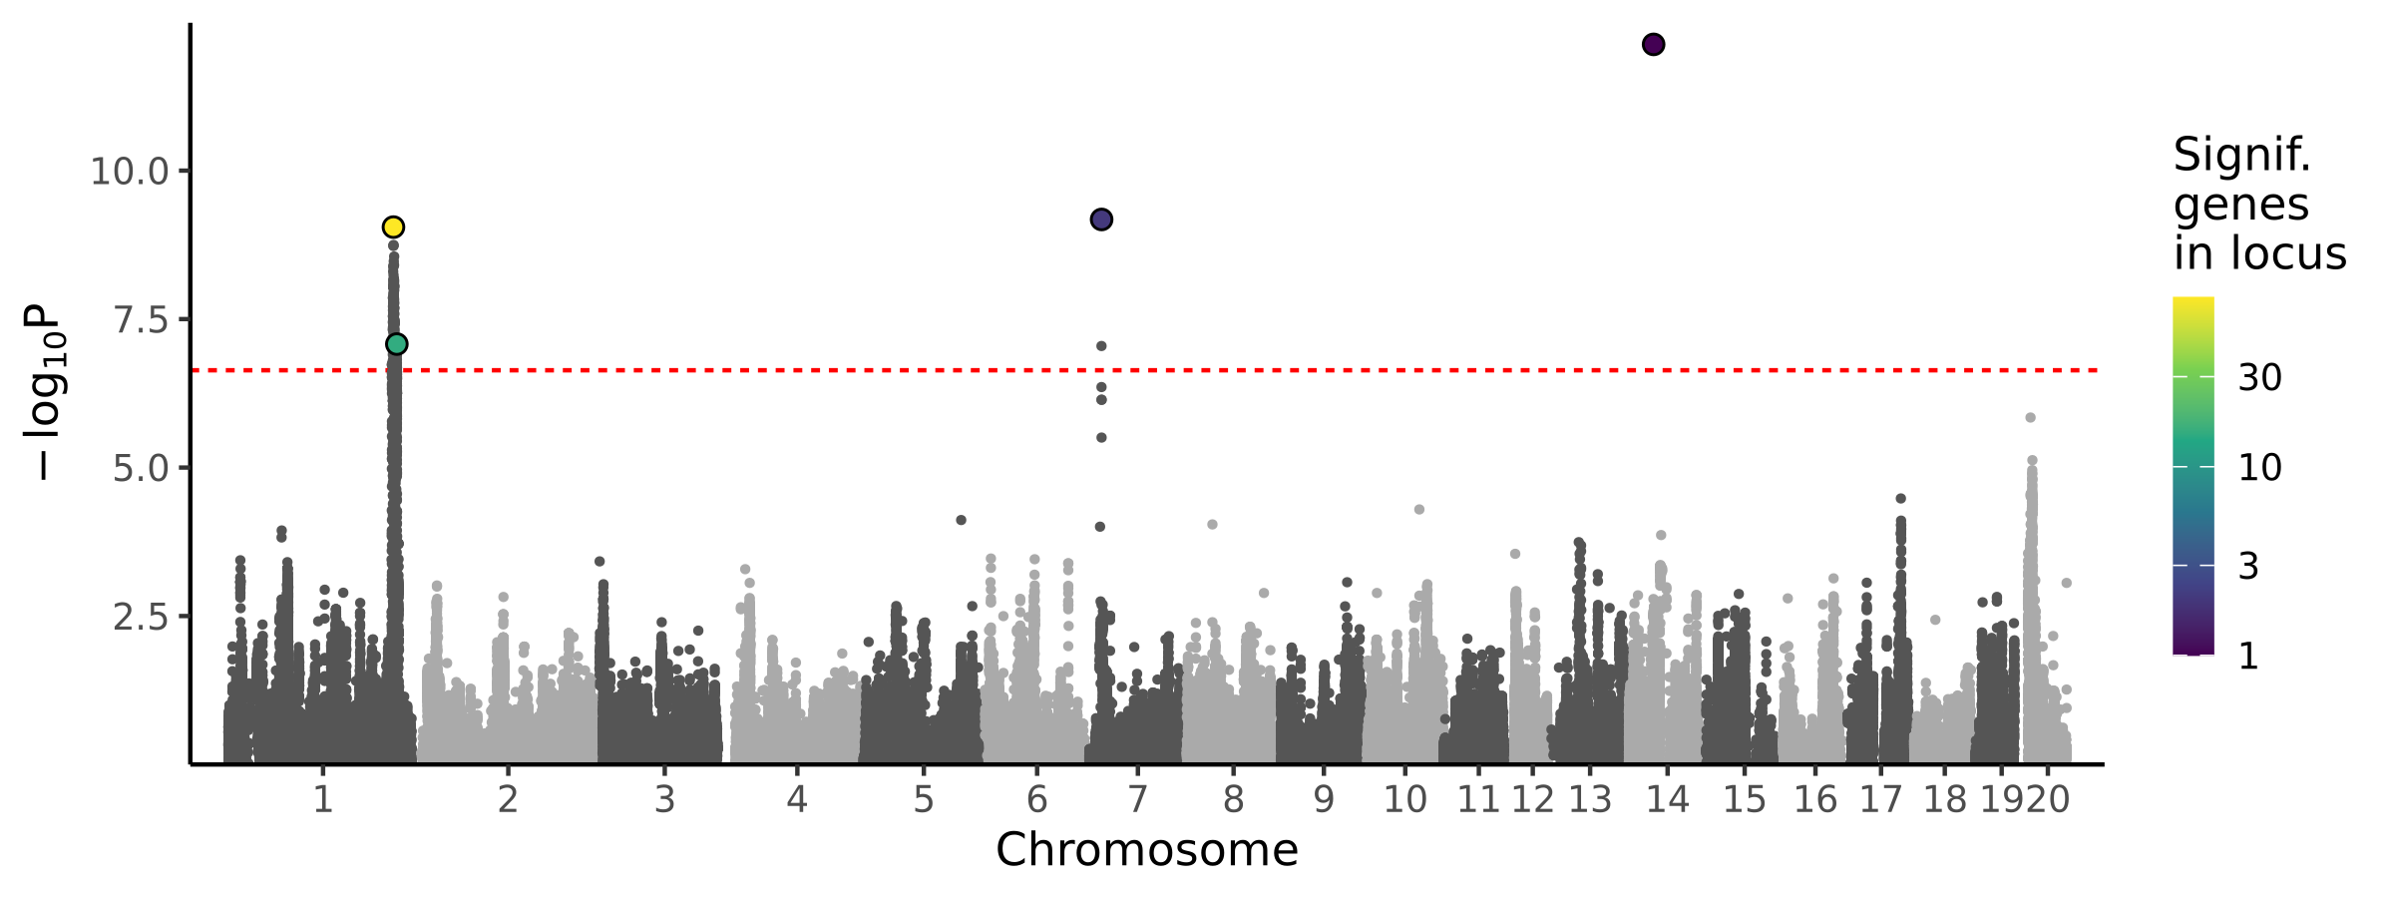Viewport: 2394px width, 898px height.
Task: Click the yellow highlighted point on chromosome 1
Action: click(393, 227)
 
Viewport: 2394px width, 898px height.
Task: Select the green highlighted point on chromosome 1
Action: click(396, 344)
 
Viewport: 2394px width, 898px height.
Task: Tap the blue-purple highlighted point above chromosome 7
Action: click(1101, 220)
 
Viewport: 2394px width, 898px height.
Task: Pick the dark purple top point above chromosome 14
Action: click(1653, 45)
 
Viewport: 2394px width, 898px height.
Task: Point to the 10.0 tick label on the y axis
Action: click(130, 172)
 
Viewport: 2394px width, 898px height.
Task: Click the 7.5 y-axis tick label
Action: click(142, 320)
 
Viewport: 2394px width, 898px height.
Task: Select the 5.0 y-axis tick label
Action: click(142, 468)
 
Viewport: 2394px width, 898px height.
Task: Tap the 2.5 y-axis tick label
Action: click(142, 617)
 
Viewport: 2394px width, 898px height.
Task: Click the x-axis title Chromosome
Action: click(1146, 850)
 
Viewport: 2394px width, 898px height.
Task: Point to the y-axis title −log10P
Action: click(46, 391)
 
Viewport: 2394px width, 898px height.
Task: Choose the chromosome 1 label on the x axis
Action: click(322, 799)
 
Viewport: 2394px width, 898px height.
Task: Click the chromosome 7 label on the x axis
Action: click(1137, 799)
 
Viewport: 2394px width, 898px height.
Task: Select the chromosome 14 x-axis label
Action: click(1667, 799)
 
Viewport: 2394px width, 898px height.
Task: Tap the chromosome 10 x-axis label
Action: click(1404, 799)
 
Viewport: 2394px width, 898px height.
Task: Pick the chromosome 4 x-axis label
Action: click(796, 799)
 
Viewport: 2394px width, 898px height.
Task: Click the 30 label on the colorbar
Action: click(2260, 378)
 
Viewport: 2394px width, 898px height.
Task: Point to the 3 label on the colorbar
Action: click(2248, 567)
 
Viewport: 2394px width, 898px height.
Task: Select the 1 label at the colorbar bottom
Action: click(2248, 657)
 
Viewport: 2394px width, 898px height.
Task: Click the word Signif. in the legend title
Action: click(2241, 156)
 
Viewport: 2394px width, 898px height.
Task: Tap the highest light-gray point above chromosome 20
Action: click(2030, 418)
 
